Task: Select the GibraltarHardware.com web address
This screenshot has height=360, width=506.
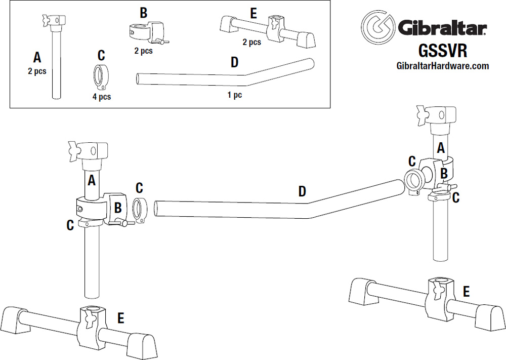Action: click(x=442, y=66)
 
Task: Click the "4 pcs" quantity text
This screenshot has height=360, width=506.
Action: click(x=102, y=97)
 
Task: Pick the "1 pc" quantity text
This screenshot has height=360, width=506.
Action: click(x=234, y=95)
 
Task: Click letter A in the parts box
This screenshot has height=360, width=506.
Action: click(x=36, y=58)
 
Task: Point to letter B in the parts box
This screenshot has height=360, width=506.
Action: click(x=143, y=13)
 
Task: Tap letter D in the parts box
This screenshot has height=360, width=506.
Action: click(x=234, y=62)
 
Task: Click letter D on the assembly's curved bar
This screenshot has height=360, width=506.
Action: click(x=302, y=191)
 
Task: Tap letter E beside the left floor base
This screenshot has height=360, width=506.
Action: click(x=120, y=317)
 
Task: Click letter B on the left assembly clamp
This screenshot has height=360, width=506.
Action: click(x=117, y=207)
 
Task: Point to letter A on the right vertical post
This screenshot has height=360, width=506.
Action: click(x=441, y=148)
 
